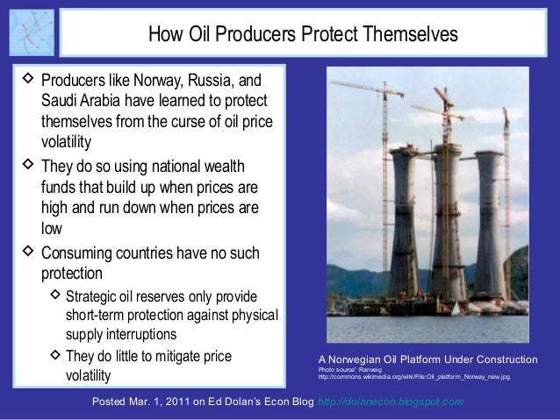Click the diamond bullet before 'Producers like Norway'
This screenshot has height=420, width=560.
pos(26,81)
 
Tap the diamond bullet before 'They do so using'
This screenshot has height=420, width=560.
pos(26,165)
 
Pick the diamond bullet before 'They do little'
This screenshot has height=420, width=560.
pos(52,356)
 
